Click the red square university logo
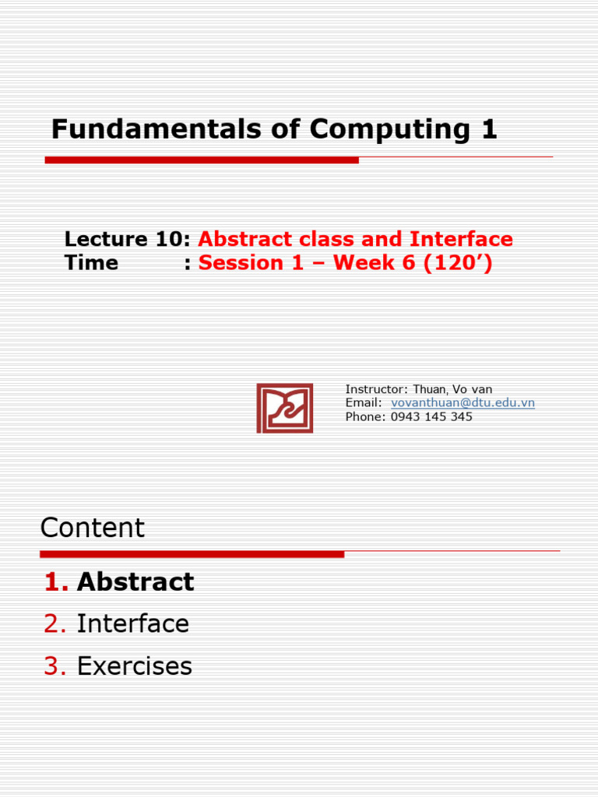pyautogui.click(x=285, y=408)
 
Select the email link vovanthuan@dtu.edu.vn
pyautogui.click(x=463, y=403)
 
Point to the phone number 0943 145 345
pyautogui.click(x=431, y=416)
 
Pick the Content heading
pyautogui.click(x=93, y=528)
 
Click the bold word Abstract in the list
pyautogui.click(x=135, y=581)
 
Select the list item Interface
pyautogui.click(x=132, y=623)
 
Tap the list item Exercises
pyautogui.click(x=134, y=666)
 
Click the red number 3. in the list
pyautogui.click(x=56, y=666)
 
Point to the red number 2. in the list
pyautogui.click(x=56, y=623)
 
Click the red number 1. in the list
pyautogui.click(x=56, y=581)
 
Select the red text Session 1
pyautogui.click(x=251, y=262)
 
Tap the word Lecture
pyautogui.click(x=106, y=239)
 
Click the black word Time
pyautogui.click(x=92, y=262)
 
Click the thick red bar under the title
pyautogui.click(x=202, y=160)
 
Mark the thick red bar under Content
pyautogui.click(x=192, y=554)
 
